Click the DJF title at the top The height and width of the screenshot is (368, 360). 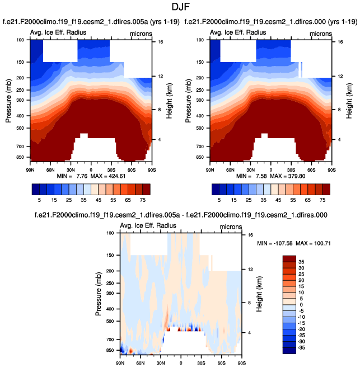179,7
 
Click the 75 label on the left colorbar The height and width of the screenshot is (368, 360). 143,199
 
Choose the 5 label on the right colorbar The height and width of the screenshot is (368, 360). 219,199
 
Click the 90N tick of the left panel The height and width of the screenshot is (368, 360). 31,168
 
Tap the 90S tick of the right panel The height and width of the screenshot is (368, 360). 331,168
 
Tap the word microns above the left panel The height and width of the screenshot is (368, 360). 141,33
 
